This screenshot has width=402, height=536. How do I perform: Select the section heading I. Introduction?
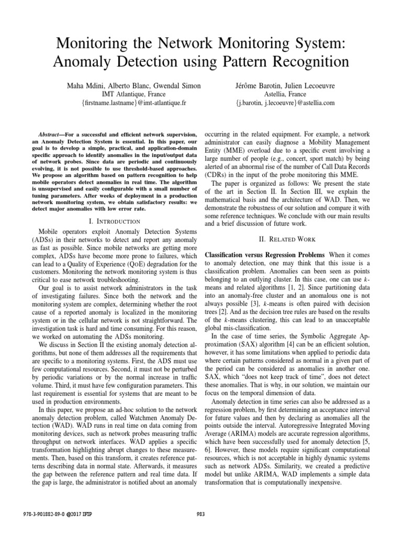pos(114,221)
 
